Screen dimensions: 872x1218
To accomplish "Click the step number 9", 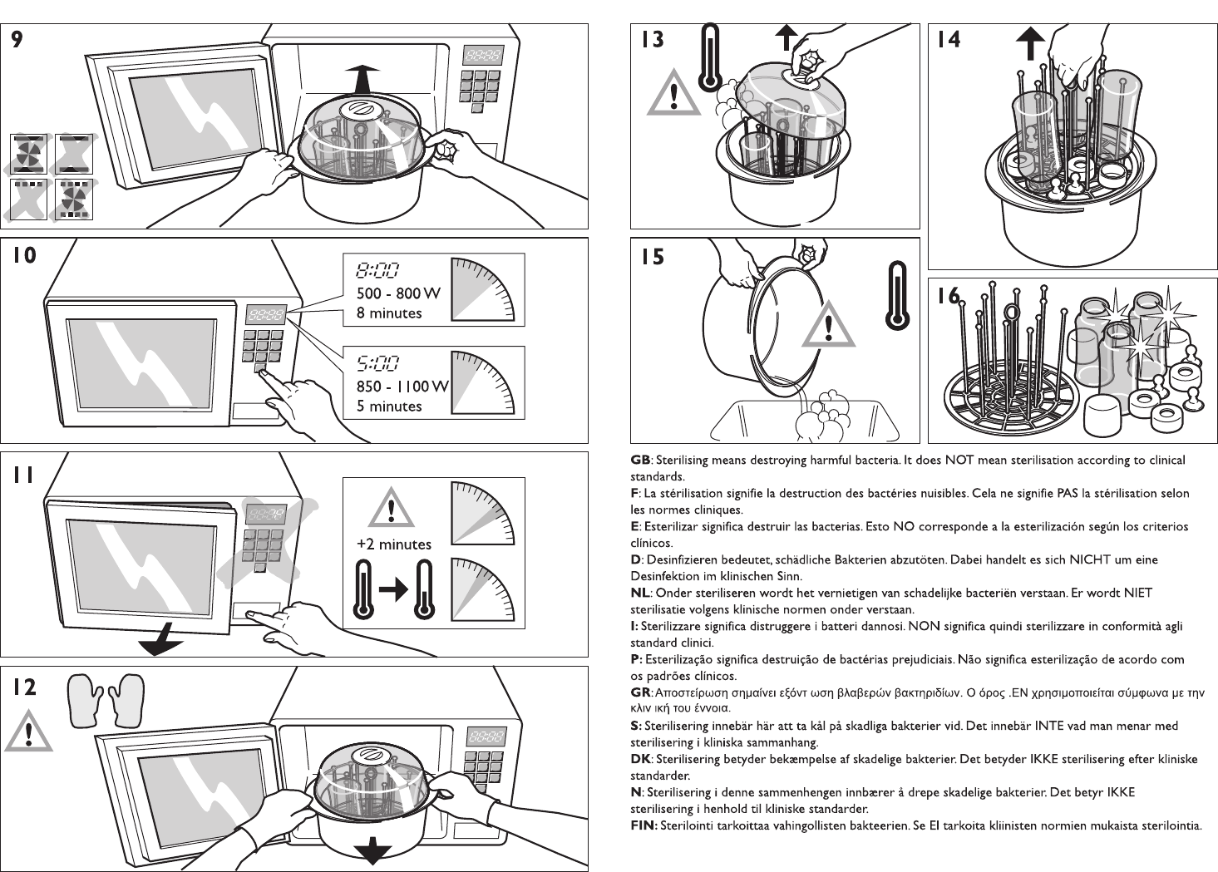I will click(x=16, y=39).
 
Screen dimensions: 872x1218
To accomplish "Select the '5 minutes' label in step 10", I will click(x=390, y=406).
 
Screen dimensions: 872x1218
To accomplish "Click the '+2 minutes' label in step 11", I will click(x=394, y=545).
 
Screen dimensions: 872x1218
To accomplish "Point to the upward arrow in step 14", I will click(x=1030, y=42).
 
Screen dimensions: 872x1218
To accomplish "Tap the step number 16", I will click(x=948, y=295).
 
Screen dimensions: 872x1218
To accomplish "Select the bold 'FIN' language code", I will click(x=644, y=825).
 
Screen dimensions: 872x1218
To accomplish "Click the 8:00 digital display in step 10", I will click(x=377, y=269).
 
